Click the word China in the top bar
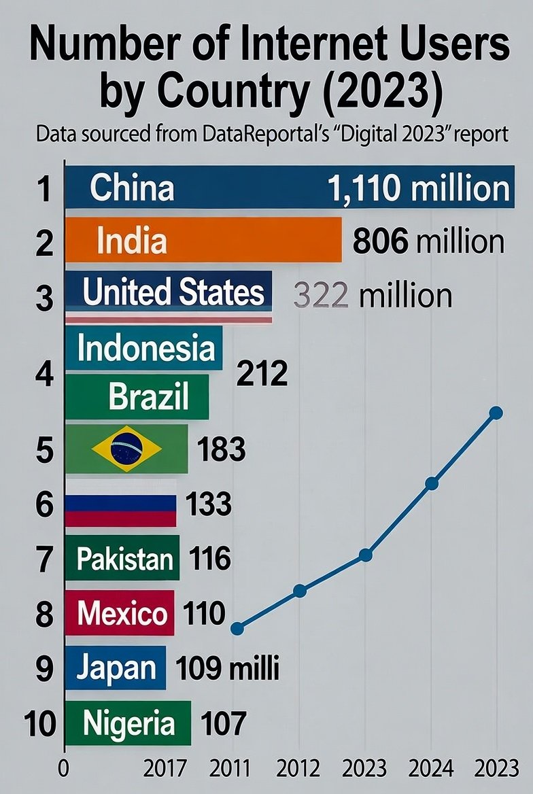point(132,188)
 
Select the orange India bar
point(204,239)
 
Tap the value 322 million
point(373,296)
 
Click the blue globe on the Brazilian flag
point(126,449)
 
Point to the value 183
point(221,449)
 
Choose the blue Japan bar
point(116,668)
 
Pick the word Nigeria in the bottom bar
point(128,723)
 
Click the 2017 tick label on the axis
point(166,770)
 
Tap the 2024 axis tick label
point(431,770)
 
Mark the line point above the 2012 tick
point(300,591)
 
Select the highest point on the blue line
point(496,413)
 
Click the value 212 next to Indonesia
point(262,373)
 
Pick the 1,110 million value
point(418,188)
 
